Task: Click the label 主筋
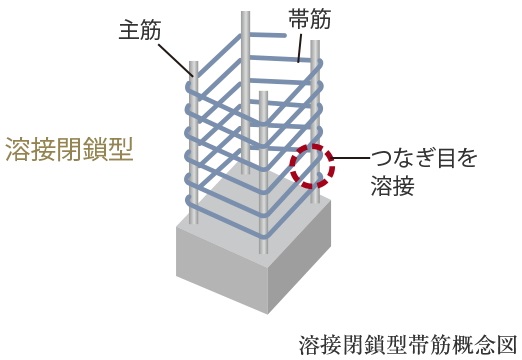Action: pyautogui.click(x=137, y=29)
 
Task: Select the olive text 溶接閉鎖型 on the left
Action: pyautogui.click(x=69, y=149)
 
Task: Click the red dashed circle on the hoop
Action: pyautogui.click(x=313, y=166)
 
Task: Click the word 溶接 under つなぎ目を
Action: pyautogui.click(x=392, y=186)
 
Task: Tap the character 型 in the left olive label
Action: pyautogui.click(x=121, y=149)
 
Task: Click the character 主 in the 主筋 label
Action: pyautogui.click(x=125, y=29)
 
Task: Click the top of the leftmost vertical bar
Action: pyautogui.click(x=194, y=66)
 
